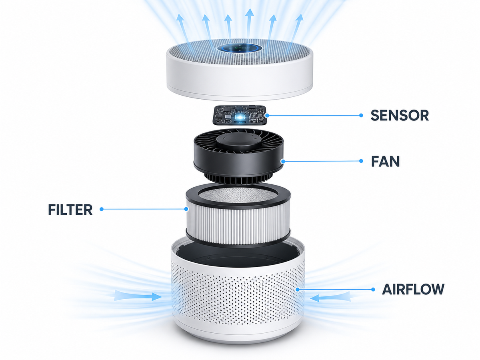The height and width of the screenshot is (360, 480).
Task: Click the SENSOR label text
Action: coord(400,116)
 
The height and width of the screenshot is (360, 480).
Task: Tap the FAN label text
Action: coord(385,162)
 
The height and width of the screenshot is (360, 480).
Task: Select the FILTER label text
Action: coord(70,210)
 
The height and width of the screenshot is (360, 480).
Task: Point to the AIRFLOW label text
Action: coord(413,289)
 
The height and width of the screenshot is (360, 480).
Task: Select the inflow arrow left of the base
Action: coord(138,296)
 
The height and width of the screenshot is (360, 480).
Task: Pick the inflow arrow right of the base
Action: coord(330,298)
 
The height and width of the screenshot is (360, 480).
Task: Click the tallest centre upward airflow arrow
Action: coord(249,24)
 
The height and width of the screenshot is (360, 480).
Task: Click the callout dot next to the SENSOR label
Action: coord(361,115)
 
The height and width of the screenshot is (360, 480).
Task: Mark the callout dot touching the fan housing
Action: coord(283,162)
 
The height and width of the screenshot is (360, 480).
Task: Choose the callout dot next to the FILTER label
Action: coord(102,209)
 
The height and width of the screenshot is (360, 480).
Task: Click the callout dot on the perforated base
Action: coord(298,290)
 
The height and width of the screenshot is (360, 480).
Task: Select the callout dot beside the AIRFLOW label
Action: coord(373,289)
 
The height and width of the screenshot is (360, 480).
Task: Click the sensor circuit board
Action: coord(240,115)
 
